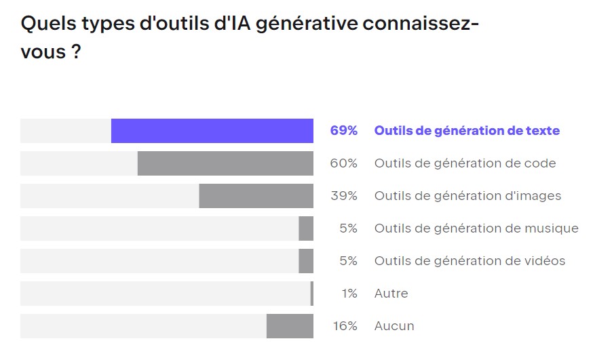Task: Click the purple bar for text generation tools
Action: pos(212,131)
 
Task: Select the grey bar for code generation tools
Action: pos(225,163)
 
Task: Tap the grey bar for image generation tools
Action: pos(256,196)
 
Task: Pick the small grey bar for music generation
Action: pos(306,228)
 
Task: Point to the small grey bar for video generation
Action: pos(306,261)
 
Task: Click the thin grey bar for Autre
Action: pos(312,294)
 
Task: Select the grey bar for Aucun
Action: pos(290,326)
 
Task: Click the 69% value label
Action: pos(343,131)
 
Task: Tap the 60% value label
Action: pos(344,163)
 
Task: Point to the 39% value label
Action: pos(344,196)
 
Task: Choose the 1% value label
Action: pos(349,294)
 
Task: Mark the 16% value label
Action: pos(345,326)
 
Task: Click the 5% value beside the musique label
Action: pos(348,228)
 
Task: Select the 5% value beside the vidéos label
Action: pos(348,261)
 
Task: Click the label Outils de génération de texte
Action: pos(467,131)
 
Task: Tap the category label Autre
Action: pos(391,294)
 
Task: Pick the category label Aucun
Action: pos(394,326)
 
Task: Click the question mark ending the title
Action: pos(77,52)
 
